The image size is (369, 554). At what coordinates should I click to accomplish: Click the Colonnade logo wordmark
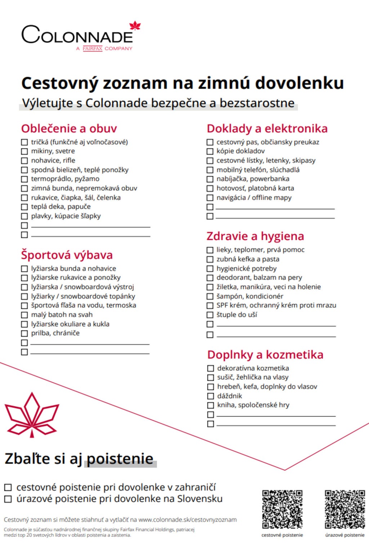coord(77,35)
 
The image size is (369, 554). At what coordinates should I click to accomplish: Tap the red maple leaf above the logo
coord(135,26)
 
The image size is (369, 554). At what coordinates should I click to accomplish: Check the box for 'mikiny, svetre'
coord(25,151)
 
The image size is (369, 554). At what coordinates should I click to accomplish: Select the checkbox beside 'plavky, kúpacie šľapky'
coord(25,216)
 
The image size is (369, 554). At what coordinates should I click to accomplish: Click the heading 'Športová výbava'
coord(67,255)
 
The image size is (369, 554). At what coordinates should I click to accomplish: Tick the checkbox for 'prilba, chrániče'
coord(25,333)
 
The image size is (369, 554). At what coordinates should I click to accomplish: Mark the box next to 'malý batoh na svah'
coord(25,315)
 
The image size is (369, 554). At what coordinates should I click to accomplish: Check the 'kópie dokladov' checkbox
coord(210,151)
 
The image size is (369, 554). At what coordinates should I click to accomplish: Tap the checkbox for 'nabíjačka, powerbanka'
coord(210,179)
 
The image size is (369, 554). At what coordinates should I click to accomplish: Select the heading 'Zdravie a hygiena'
coord(255,236)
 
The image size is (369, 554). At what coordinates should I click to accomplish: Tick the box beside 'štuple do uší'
coord(210,315)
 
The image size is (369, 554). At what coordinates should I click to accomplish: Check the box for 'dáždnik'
coord(211,396)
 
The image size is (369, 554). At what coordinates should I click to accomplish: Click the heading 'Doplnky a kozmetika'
coord(265,355)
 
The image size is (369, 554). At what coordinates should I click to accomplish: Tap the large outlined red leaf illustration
coord(32,415)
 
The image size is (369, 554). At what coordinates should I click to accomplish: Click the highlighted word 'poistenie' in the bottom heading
coord(120,459)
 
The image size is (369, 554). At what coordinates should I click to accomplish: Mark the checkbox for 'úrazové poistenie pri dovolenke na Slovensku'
coord(8,499)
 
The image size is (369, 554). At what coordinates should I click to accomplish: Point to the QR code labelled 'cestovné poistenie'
coord(282,509)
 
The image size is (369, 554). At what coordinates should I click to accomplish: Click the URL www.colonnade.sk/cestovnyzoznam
coord(187,520)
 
